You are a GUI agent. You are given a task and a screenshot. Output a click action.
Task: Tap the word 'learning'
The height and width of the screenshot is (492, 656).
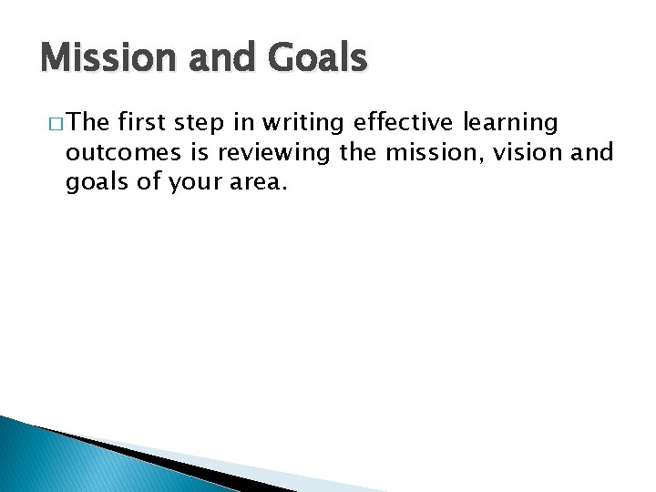point(515,123)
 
